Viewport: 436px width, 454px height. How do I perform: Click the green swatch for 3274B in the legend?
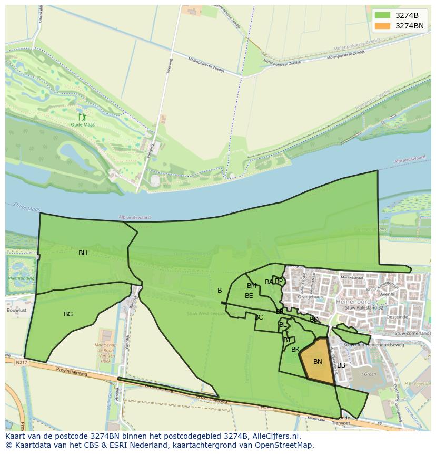pyautogui.click(x=383, y=15)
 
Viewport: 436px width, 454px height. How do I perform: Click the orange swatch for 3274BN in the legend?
pyautogui.click(x=383, y=26)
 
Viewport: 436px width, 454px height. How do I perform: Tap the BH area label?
pyautogui.click(x=83, y=253)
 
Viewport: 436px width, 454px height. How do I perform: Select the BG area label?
pyautogui.click(x=68, y=314)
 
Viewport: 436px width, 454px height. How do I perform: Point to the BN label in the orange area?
pyautogui.click(x=318, y=362)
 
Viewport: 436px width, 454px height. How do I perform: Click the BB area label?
pyautogui.click(x=341, y=365)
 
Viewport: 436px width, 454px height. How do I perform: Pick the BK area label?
pyautogui.click(x=295, y=350)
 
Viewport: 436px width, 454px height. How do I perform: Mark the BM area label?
pyautogui.click(x=252, y=286)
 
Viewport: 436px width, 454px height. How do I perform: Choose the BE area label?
pyautogui.click(x=249, y=296)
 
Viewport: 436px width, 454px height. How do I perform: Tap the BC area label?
pyautogui.click(x=259, y=317)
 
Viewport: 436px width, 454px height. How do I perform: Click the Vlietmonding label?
pyautogui.click(x=21, y=278)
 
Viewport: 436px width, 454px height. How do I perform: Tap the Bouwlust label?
pyautogui.click(x=16, y=311)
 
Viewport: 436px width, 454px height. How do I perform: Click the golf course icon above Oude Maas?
pyautogui.click(x=82, y=117)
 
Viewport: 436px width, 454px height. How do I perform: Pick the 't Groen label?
pyautogui.click(x=368, y=374)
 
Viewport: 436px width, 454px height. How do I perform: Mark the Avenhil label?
pyautogui.click(x=388, y=294)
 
